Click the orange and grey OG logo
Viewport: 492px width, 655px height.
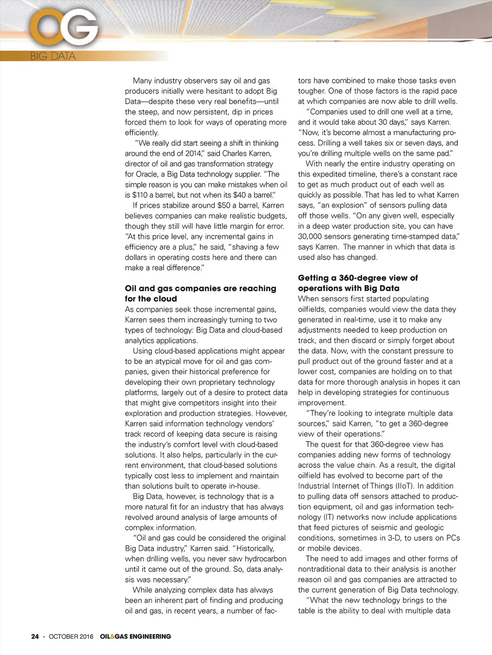(x=64, y=28)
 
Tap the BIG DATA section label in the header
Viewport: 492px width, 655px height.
(x=53, y=56)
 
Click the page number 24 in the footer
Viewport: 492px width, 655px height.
(x=35, y=636)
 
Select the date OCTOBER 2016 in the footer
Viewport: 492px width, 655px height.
(x=71, y=636)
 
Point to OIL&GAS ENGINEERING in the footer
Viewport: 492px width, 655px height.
(x=135, y=636)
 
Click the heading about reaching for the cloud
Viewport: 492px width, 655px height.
(x=200, y=293)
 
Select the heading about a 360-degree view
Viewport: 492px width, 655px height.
(x=357, y=283)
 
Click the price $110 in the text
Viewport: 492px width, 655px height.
(x=140, y=195)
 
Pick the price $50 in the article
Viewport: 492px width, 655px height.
(x=224, y=205)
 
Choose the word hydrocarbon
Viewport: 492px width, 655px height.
(x=265, y=559)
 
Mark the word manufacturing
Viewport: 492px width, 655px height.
(x=410, y=132)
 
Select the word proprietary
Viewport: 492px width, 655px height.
(x=203, y=382)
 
